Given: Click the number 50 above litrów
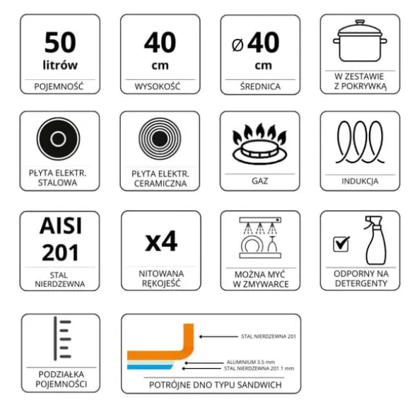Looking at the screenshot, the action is click(x=60, y=42).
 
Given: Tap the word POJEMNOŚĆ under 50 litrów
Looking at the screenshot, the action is click(x=59, y=86).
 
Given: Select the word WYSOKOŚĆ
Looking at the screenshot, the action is click(x=158, y=86).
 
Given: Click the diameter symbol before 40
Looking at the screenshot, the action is click(x=238, y=45).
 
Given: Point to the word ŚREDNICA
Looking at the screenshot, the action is click(x=260, y=86).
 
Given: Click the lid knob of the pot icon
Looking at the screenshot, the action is click(x=360, y=22).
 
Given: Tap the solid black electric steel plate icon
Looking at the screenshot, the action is click(x=58, y=139).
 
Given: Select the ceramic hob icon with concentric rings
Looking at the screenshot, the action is click(x=160, y=139).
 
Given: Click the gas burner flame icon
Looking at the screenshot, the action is click(x=259, y=143).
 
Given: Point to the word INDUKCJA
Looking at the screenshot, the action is click(x=360, y=181).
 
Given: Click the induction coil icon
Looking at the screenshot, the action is click(x=360, y=142).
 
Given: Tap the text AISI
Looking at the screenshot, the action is click(x=61, y=225).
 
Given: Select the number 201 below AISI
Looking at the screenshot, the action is click(x=60, y=252).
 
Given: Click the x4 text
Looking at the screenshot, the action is click(x=161, y=242).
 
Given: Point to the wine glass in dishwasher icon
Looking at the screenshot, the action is click(x=272, y=244).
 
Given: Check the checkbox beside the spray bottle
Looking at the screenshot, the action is click(x=341, y=244).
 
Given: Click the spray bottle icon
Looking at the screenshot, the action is click(x=375, y=240).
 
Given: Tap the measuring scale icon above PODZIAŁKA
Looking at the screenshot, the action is click(x=62, y=339).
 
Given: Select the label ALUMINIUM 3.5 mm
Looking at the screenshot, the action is click(x=251, y=362).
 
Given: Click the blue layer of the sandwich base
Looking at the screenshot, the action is click(x=150, y=367).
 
